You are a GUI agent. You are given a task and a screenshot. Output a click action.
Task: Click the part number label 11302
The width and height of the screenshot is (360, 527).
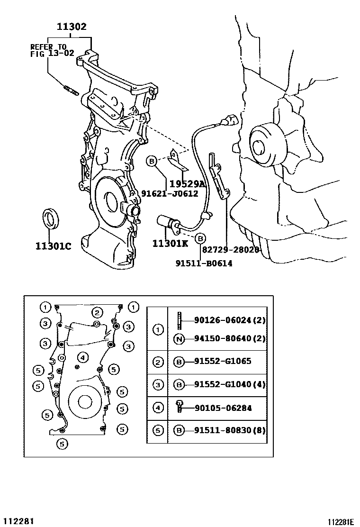tap(72, 27)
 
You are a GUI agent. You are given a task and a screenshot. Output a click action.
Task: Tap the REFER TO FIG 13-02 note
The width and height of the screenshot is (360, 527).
tap(52, 50)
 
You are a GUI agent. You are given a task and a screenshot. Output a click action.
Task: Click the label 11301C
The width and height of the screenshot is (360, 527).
tap(53, 246)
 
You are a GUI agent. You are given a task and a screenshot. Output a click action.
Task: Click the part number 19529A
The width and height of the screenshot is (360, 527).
tap(187, 184)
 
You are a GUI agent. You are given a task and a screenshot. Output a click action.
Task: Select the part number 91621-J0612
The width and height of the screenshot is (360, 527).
tap(170, 193)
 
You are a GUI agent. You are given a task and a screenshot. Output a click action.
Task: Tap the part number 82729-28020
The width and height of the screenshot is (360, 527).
tap(231, 249)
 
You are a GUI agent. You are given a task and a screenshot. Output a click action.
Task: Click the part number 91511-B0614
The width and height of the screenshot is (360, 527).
tap(204, 263)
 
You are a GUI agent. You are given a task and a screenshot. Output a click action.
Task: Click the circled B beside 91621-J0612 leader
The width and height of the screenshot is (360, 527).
tap(152, 162)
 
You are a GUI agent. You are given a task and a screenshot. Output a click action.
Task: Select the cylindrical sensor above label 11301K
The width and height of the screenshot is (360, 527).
tap(167, 221)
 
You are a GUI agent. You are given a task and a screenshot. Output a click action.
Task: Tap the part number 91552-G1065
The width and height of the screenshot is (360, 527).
tap(223, 361)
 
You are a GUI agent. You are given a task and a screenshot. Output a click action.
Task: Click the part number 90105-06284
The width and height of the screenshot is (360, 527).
tap(223, 408)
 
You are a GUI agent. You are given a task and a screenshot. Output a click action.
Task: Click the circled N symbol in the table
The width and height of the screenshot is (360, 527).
tap(180, 338)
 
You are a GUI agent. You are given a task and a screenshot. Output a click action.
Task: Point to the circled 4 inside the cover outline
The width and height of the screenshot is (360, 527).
tap(82, 357)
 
